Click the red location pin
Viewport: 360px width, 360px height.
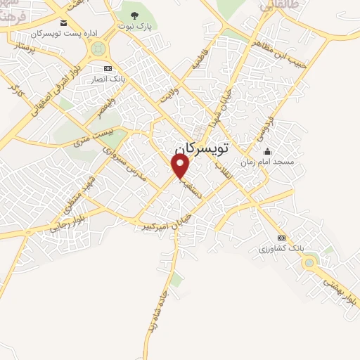click(x=181, y=166)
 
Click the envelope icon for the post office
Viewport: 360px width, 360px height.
click(x=64, y=23)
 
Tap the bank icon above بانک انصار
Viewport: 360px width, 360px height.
click(x=108, y=68)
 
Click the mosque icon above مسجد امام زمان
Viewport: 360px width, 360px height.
click(x=267, y=151)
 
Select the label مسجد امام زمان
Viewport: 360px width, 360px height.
click(x=267, y=162)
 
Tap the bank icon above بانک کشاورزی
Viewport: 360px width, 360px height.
click(x=282, y=238)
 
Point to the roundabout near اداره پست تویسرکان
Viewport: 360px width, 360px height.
click(x=98, y=49)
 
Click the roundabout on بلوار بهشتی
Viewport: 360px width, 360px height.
click(x=308, y=263)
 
